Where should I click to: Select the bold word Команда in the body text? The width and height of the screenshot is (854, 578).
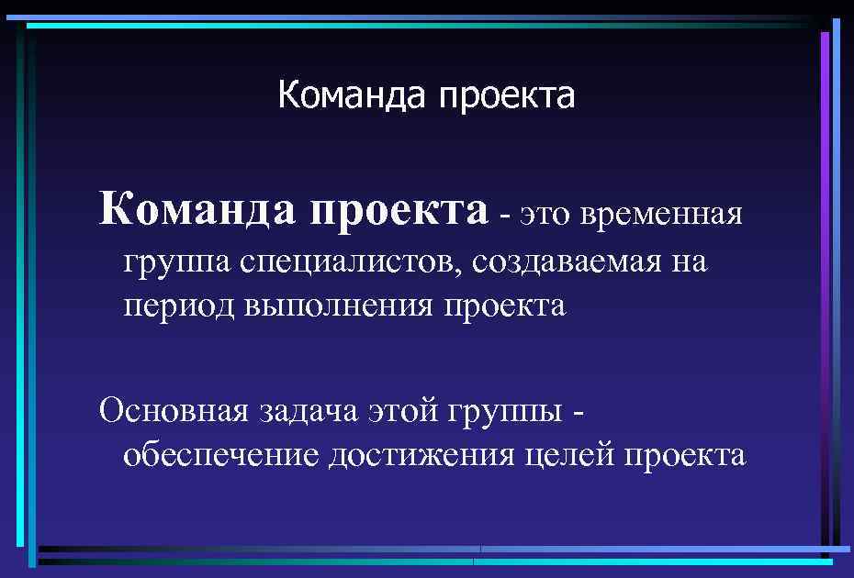click(199, 209)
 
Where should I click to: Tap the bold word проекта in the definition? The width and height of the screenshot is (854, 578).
click(399, 209)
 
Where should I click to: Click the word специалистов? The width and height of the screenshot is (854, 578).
click(354, 262)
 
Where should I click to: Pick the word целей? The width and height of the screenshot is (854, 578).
click(571, 454)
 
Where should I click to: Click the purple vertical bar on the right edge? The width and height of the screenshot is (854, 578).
click(825, 275)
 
